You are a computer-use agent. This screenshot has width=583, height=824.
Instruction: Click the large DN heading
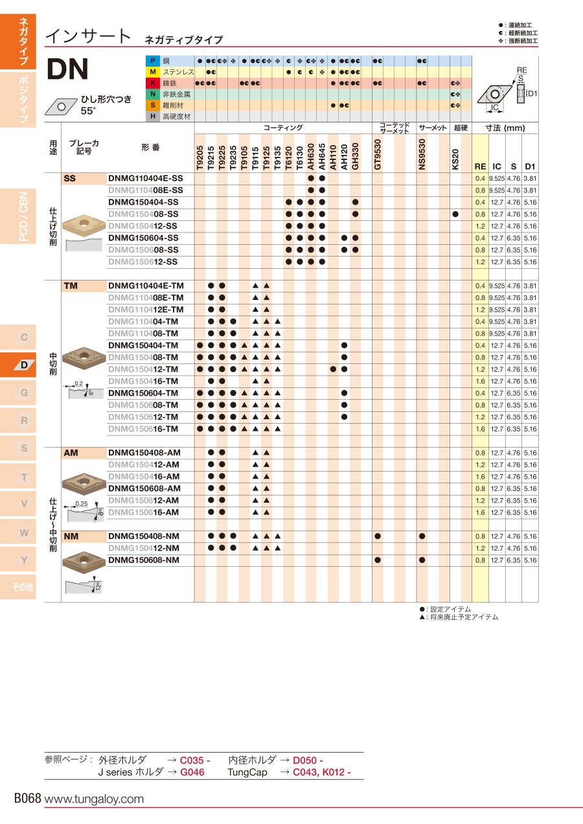pyautogui.click(x=68, y=69)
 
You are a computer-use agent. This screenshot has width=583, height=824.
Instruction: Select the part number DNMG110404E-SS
pyautogui.click(x=145, y=178)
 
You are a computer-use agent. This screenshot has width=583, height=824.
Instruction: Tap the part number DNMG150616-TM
pyautogui.click(x=143, y=429)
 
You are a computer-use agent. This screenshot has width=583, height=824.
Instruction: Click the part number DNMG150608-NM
pyautogui.click(x=144, y=560)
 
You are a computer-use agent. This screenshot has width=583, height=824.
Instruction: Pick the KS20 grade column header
pyautogui.click(x=455, y=159)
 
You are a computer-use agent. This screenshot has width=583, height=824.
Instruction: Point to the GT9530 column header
pyautogui.click(x=378, y=155)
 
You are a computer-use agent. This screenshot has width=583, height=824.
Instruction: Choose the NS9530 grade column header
pyautogui.click(x=422, y=155)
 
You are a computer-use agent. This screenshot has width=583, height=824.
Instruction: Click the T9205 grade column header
pyautogui.click(x=200, y=157)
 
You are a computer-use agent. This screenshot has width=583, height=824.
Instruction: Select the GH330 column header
pyautogui.click(x=355, y=157)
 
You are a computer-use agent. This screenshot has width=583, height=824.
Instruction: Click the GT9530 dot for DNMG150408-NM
pyautogui.click(x=378, y=536)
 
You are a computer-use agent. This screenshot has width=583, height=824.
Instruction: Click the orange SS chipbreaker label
pyautogui.click(x=70, y=178)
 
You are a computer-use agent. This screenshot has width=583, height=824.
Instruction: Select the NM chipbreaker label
pyautogui.click(x=71, y=536)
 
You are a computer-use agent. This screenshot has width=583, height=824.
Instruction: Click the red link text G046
pyautogui.click(x=192, y=772)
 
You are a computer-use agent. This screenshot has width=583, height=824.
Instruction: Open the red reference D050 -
pyautogui.click(x=308, y=761)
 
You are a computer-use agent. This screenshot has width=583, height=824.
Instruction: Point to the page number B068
pyautogui.click(x=28, y=799)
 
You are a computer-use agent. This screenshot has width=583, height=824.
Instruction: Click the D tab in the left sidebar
pyautogui.click(x=24, y=365)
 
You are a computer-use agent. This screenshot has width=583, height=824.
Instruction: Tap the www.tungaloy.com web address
pyautogui.click(x=94, y=799)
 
